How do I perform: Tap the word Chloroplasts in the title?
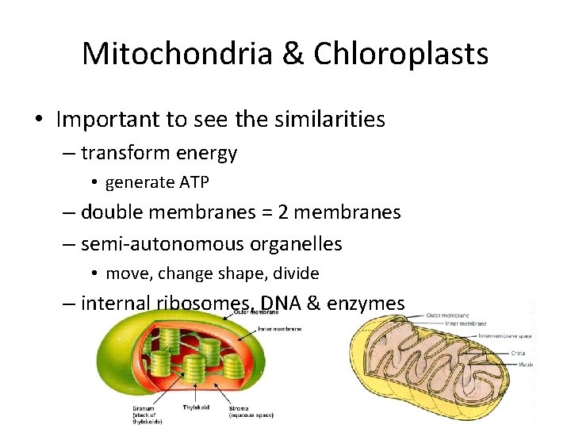[x=400, y=54]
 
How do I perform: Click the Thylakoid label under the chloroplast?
[x=196, y=407]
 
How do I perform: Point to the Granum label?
[x=145, y=407]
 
